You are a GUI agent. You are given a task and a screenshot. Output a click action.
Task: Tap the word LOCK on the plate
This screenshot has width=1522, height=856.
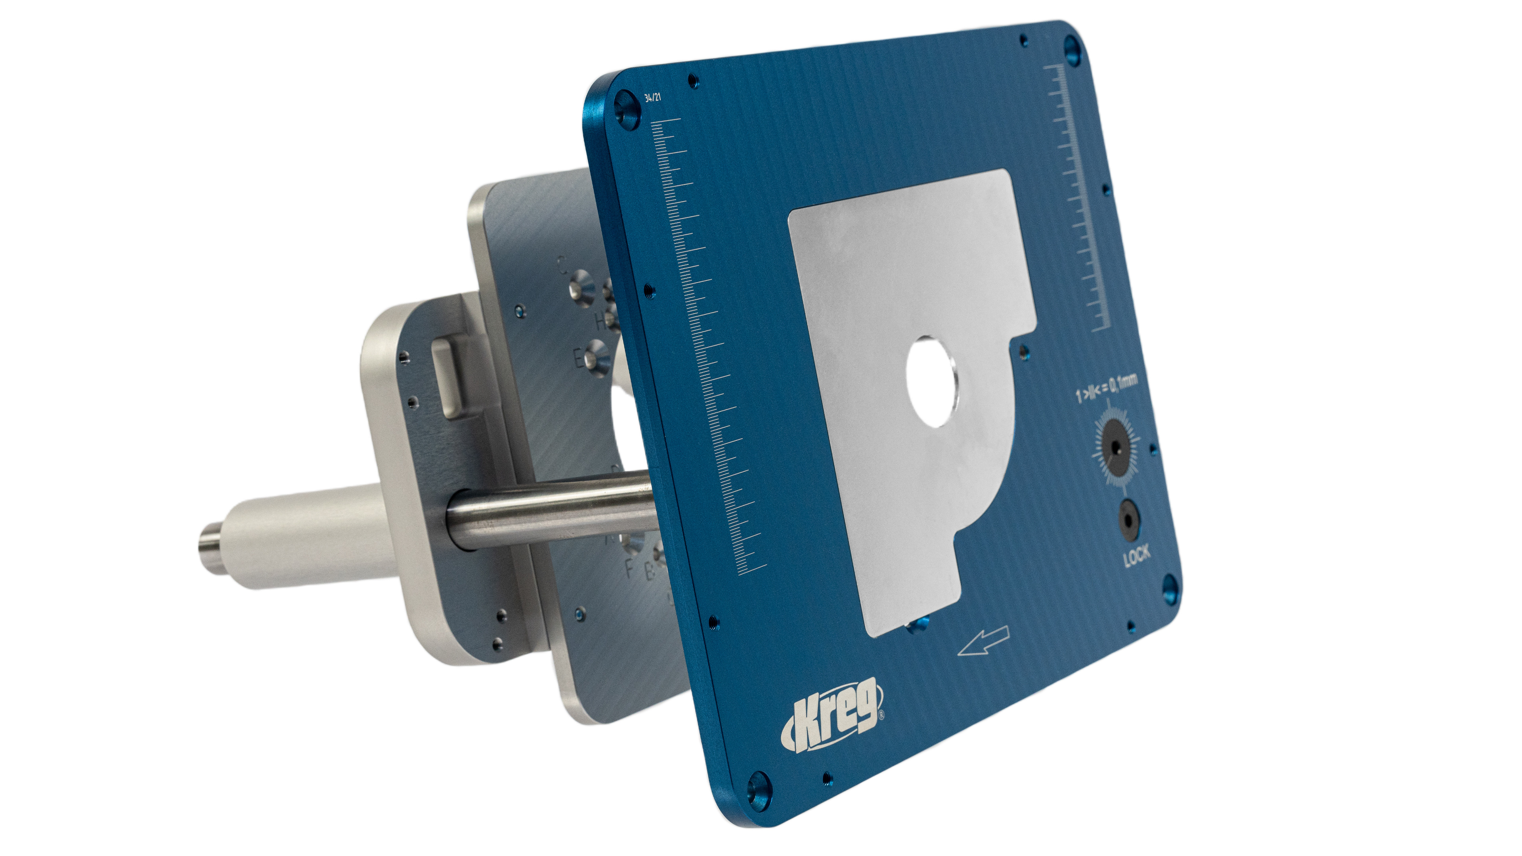pyautogui.click(x=1136, y=556)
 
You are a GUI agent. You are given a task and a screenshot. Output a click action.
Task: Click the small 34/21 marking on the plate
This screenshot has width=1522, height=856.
pyautogui.click(x=653, y=98)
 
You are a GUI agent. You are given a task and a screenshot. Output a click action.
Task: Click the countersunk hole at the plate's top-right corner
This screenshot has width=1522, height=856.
pyautogui.click(x=1072, y=50)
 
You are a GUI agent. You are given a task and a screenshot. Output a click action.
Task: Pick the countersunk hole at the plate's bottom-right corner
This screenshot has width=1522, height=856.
pyautogui.click(x=1169, y=588)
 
